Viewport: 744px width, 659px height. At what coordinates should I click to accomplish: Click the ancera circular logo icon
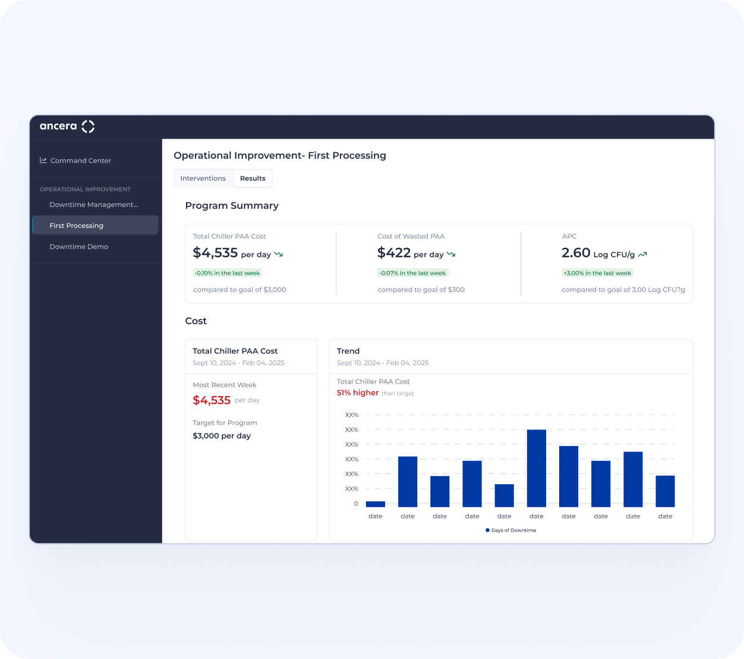88,127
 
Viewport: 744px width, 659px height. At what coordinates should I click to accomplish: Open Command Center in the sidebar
80,161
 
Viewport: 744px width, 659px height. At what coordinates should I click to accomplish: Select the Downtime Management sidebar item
94,205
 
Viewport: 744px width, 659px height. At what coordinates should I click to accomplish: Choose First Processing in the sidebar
77,225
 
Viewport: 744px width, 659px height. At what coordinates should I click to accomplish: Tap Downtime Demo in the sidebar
79,247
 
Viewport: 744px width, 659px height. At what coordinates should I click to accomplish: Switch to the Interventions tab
203,178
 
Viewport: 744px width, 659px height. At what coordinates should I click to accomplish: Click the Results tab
253,178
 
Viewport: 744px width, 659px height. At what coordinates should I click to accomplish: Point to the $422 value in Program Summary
393,253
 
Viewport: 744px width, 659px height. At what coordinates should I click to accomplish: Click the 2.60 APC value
576,253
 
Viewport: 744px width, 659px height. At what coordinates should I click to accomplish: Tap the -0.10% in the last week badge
227,273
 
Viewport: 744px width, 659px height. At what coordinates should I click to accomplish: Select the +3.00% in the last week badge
597,273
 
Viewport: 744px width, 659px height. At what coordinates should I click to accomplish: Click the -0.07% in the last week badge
412,273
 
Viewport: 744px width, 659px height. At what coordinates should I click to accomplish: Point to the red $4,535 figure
212,400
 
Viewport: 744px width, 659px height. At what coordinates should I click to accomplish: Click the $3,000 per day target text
222,436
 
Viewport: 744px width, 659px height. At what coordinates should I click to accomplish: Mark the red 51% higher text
357,393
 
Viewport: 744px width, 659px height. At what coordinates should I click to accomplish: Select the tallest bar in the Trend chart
536,468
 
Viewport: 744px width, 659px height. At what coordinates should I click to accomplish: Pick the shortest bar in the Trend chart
376,504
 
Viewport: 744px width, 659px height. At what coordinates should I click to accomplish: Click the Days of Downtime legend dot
487,530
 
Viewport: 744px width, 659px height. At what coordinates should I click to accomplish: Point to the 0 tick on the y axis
356,504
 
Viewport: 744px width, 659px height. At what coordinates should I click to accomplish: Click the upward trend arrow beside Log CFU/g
642,255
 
